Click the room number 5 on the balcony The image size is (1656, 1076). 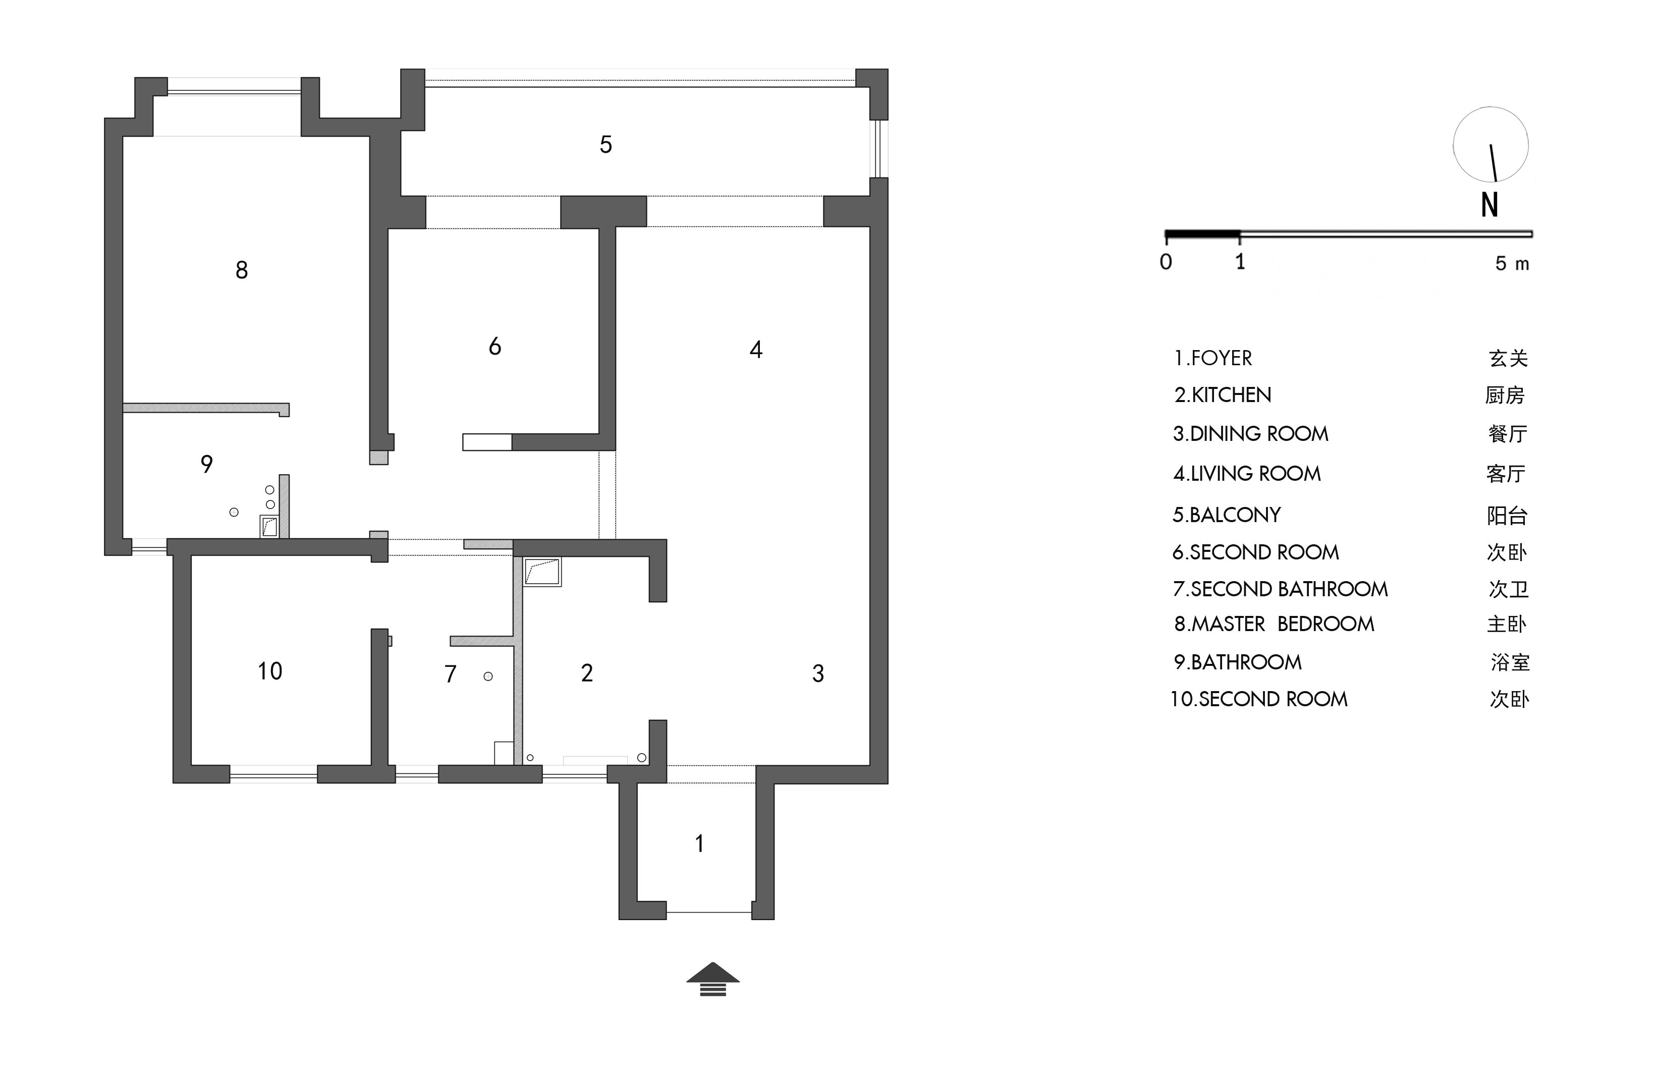tap(605, 145)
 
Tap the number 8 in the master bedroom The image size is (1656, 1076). tap(242, 270)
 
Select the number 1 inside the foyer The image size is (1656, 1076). tap(699, 843)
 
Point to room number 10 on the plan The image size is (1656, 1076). tap(270, 671)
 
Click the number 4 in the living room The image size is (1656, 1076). tap(756, 349)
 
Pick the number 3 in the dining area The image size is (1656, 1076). tap(818, 673)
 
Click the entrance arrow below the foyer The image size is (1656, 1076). tap(712, 979)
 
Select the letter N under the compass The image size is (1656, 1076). tap(1489, 204)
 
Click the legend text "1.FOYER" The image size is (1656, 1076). tap(1213, 358)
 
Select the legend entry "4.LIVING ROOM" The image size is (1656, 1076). tap(1247, 474)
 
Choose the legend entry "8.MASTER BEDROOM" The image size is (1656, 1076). tap(1274, 624)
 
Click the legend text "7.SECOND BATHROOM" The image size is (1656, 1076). tap(1280, 589)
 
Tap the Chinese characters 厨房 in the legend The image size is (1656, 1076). tap(1505, 395)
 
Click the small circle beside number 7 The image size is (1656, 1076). tap(488, 676)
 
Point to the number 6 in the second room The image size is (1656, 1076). tap(494, 347)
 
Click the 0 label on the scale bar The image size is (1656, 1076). tap(1166, 262)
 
